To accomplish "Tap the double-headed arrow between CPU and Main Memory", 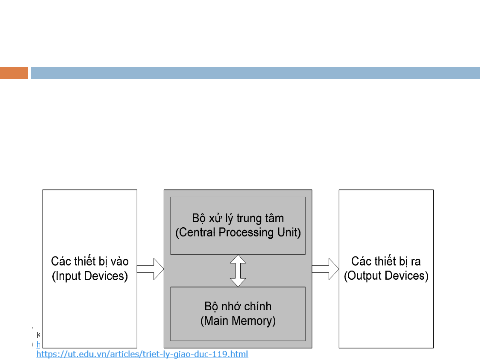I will [x=238, y=271].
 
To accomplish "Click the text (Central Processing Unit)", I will [x=238, y=232].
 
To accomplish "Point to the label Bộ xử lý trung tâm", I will [x=238, y=218].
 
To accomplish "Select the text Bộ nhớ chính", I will [x=238, y=306].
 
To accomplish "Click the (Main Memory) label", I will [x=238, y=321].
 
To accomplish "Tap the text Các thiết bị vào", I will [x=90, y=261].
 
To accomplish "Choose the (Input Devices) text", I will [x=90, y=276].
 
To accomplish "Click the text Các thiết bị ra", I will [x=386, y=261].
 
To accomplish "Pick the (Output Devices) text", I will [x=386, y=276].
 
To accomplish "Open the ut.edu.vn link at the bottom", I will [x=142, y=354].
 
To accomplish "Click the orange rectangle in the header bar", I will [x=14, y=73].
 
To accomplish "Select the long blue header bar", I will [x=255, y=73].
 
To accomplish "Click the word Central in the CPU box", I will [x=197, y=232].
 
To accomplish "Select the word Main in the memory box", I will [x=216, y=321].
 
